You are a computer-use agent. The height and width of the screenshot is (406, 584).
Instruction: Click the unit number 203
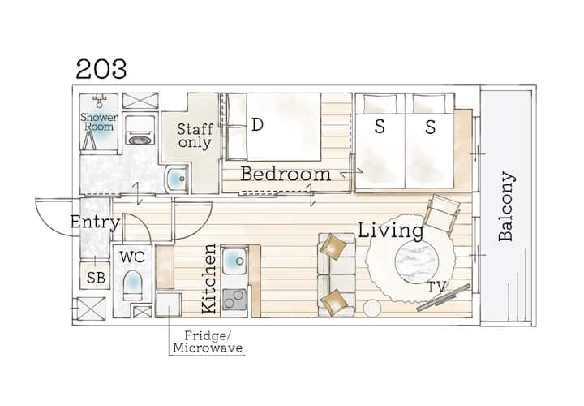pos(101,69)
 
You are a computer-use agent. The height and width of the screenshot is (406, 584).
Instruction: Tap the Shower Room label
pos(99,122)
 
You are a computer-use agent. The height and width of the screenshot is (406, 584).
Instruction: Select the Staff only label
pos(195,136)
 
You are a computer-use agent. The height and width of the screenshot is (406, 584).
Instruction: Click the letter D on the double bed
pos(257,124)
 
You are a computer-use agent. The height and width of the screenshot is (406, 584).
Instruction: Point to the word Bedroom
pos(286,174)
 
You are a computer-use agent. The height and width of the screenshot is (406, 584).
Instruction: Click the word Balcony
pos(506,205)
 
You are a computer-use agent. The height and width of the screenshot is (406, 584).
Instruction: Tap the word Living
pos(391,231)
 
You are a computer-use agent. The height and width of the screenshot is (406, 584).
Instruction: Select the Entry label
pos(96,222)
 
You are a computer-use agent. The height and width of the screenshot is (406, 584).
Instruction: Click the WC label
pos(132,257)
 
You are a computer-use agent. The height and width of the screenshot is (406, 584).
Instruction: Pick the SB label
pos(96,278)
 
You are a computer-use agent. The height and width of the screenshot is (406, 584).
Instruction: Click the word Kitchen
pos(209,279)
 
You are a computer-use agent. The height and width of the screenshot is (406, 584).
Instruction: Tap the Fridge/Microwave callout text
pos(208,342)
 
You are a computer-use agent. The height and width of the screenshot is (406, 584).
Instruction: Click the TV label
pos(436,287)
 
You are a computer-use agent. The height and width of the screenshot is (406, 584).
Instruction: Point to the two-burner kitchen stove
pos(234,300)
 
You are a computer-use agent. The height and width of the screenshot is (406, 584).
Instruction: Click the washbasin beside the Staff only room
pos(177,179)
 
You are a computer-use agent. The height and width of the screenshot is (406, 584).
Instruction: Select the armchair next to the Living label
pos(442,214)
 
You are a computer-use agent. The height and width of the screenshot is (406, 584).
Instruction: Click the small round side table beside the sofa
pos(372,309)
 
